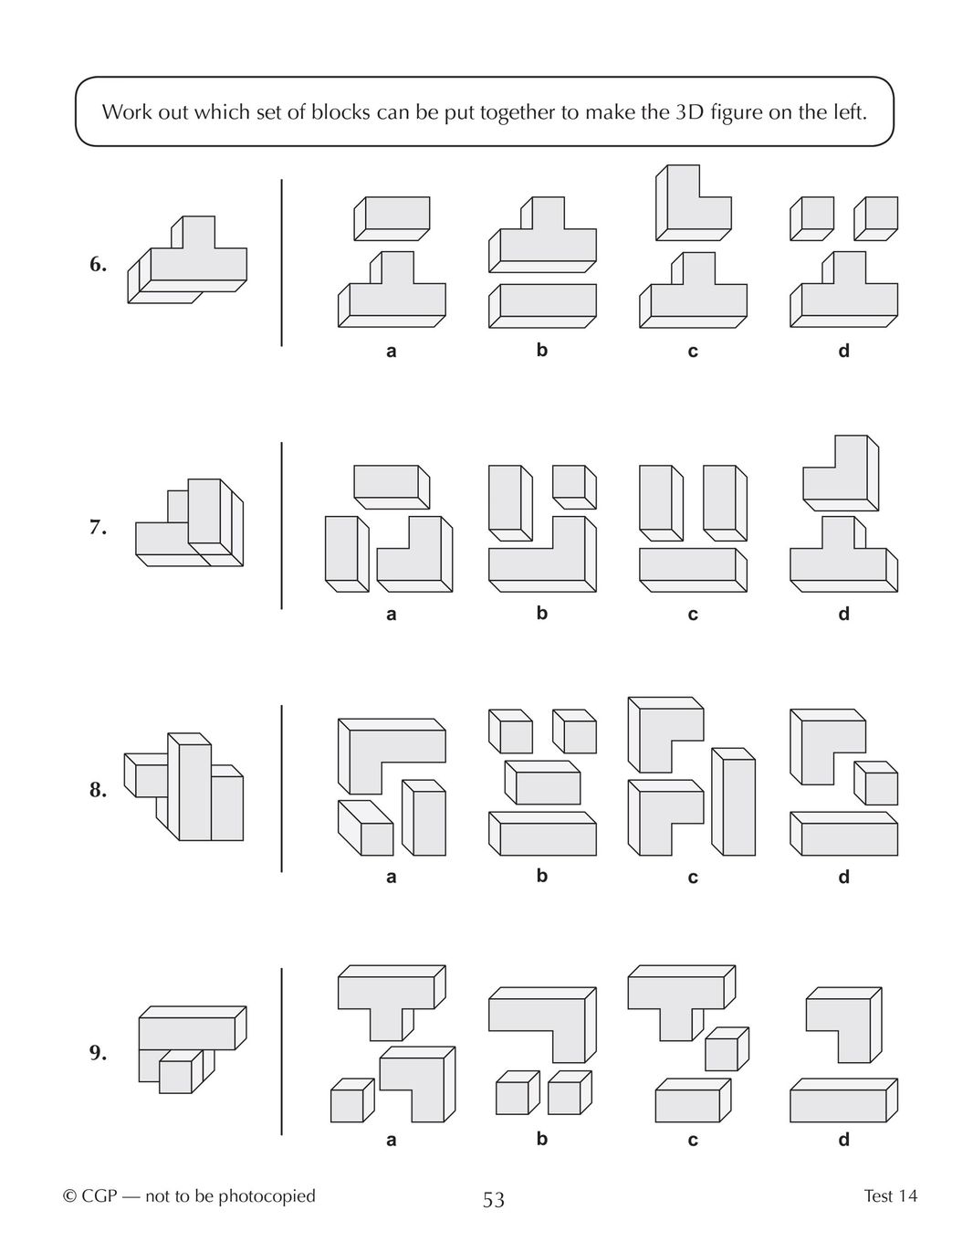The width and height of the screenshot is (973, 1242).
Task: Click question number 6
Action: [98, 264]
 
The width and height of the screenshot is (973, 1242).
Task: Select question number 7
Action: [98, 527]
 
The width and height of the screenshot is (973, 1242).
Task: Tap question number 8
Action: [98, 790]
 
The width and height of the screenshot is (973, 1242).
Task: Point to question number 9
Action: [98, 1053]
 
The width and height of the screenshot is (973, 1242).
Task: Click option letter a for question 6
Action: [392, 351]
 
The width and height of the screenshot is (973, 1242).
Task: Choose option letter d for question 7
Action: [844, 614]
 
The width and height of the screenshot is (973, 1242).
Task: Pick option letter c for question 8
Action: [693, 878]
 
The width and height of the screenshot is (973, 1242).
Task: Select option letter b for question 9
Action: [542, 1139]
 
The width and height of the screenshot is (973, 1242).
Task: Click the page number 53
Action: [494, 1200]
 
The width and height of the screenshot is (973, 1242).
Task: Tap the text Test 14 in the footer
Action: [890, 1195]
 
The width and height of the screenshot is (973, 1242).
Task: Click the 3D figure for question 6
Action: [187, 260]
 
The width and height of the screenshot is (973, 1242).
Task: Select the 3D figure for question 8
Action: [183, 786]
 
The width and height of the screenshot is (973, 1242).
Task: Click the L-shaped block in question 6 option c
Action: [693, 203]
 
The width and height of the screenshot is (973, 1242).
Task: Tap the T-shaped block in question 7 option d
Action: [844, 554]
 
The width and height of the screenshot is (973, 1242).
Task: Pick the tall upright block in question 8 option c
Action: [734, 801]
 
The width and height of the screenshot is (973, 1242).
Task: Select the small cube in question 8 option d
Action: [876, 783]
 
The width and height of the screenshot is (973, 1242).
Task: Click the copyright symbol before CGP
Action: [69, 1196]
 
